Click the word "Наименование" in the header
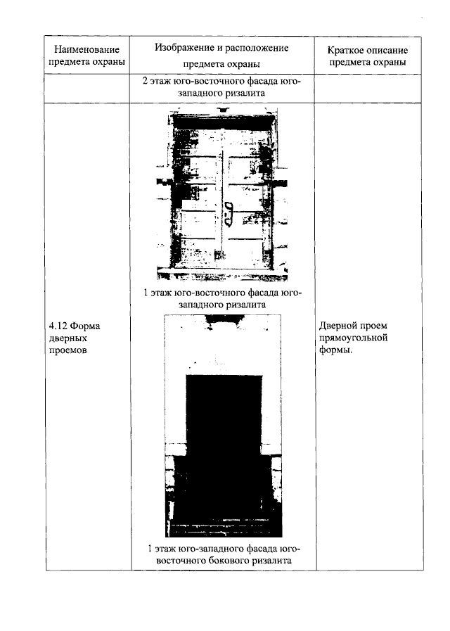click(87, 50)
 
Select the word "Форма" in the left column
click(86, 326)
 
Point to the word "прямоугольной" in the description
click(354, 338)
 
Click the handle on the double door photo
click(228, 214)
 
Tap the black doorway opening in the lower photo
click(224, 435)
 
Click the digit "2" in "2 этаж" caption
click(145, 82)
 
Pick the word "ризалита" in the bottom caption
click(272, 561)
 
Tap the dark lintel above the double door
click(222, 122)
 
